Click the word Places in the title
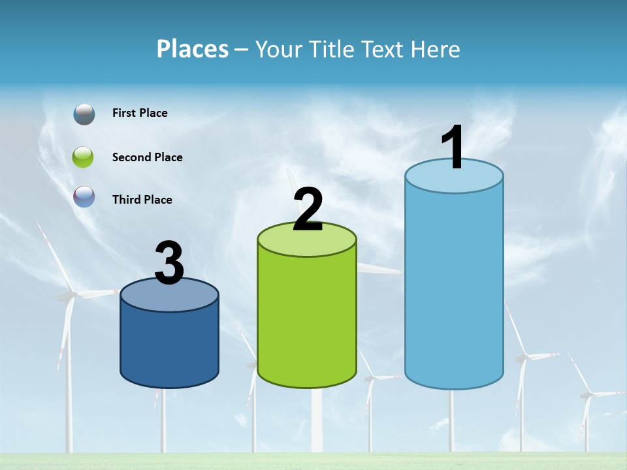tap(193, 49)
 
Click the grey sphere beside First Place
tap(84, 114)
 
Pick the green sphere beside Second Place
tap(84, 157)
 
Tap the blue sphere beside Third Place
tap(84, 196)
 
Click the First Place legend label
tap(140, 113)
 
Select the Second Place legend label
tap(147, 157)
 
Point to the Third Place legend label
tap(142, 200)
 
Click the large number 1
tap(453, 148)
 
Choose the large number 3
tap(170, 263)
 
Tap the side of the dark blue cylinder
tap(170, 346)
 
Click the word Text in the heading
tap(383, 49)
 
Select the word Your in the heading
tap(276, 49)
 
